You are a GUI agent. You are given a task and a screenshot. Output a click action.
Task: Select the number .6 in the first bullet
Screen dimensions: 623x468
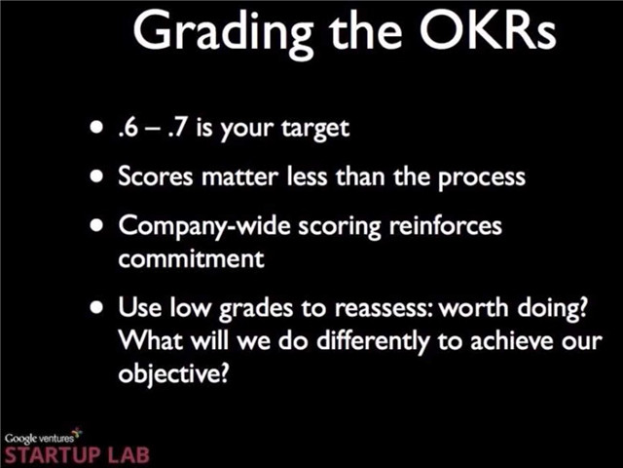tap(128, 128)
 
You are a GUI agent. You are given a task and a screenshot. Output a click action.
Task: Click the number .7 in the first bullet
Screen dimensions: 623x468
tap(176, 128)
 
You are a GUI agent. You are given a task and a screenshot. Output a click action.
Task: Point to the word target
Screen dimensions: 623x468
tap(315, 130)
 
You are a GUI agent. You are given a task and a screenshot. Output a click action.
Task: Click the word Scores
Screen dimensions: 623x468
tap(156, 176)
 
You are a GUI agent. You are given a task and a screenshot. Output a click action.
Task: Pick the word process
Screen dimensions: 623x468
tap(482, 178)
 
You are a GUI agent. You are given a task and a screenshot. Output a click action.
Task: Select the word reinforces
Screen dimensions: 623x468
tap(446, 225)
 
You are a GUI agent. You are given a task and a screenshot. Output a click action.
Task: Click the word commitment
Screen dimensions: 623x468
tap(191, 258)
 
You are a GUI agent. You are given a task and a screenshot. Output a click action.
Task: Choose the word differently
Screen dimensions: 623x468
tap(373, 342)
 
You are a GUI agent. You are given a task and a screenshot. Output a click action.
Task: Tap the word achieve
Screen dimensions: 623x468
tap(512, 341)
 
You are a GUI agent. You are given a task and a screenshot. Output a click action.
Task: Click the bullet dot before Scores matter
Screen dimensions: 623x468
tap(96, 175)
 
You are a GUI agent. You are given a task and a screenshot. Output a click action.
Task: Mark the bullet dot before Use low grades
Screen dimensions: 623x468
tap(96, 307)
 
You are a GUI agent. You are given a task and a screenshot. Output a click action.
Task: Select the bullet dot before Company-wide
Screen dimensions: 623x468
tap(96, 225)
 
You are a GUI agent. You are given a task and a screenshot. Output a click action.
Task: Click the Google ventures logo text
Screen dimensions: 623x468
tap(39, 438)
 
